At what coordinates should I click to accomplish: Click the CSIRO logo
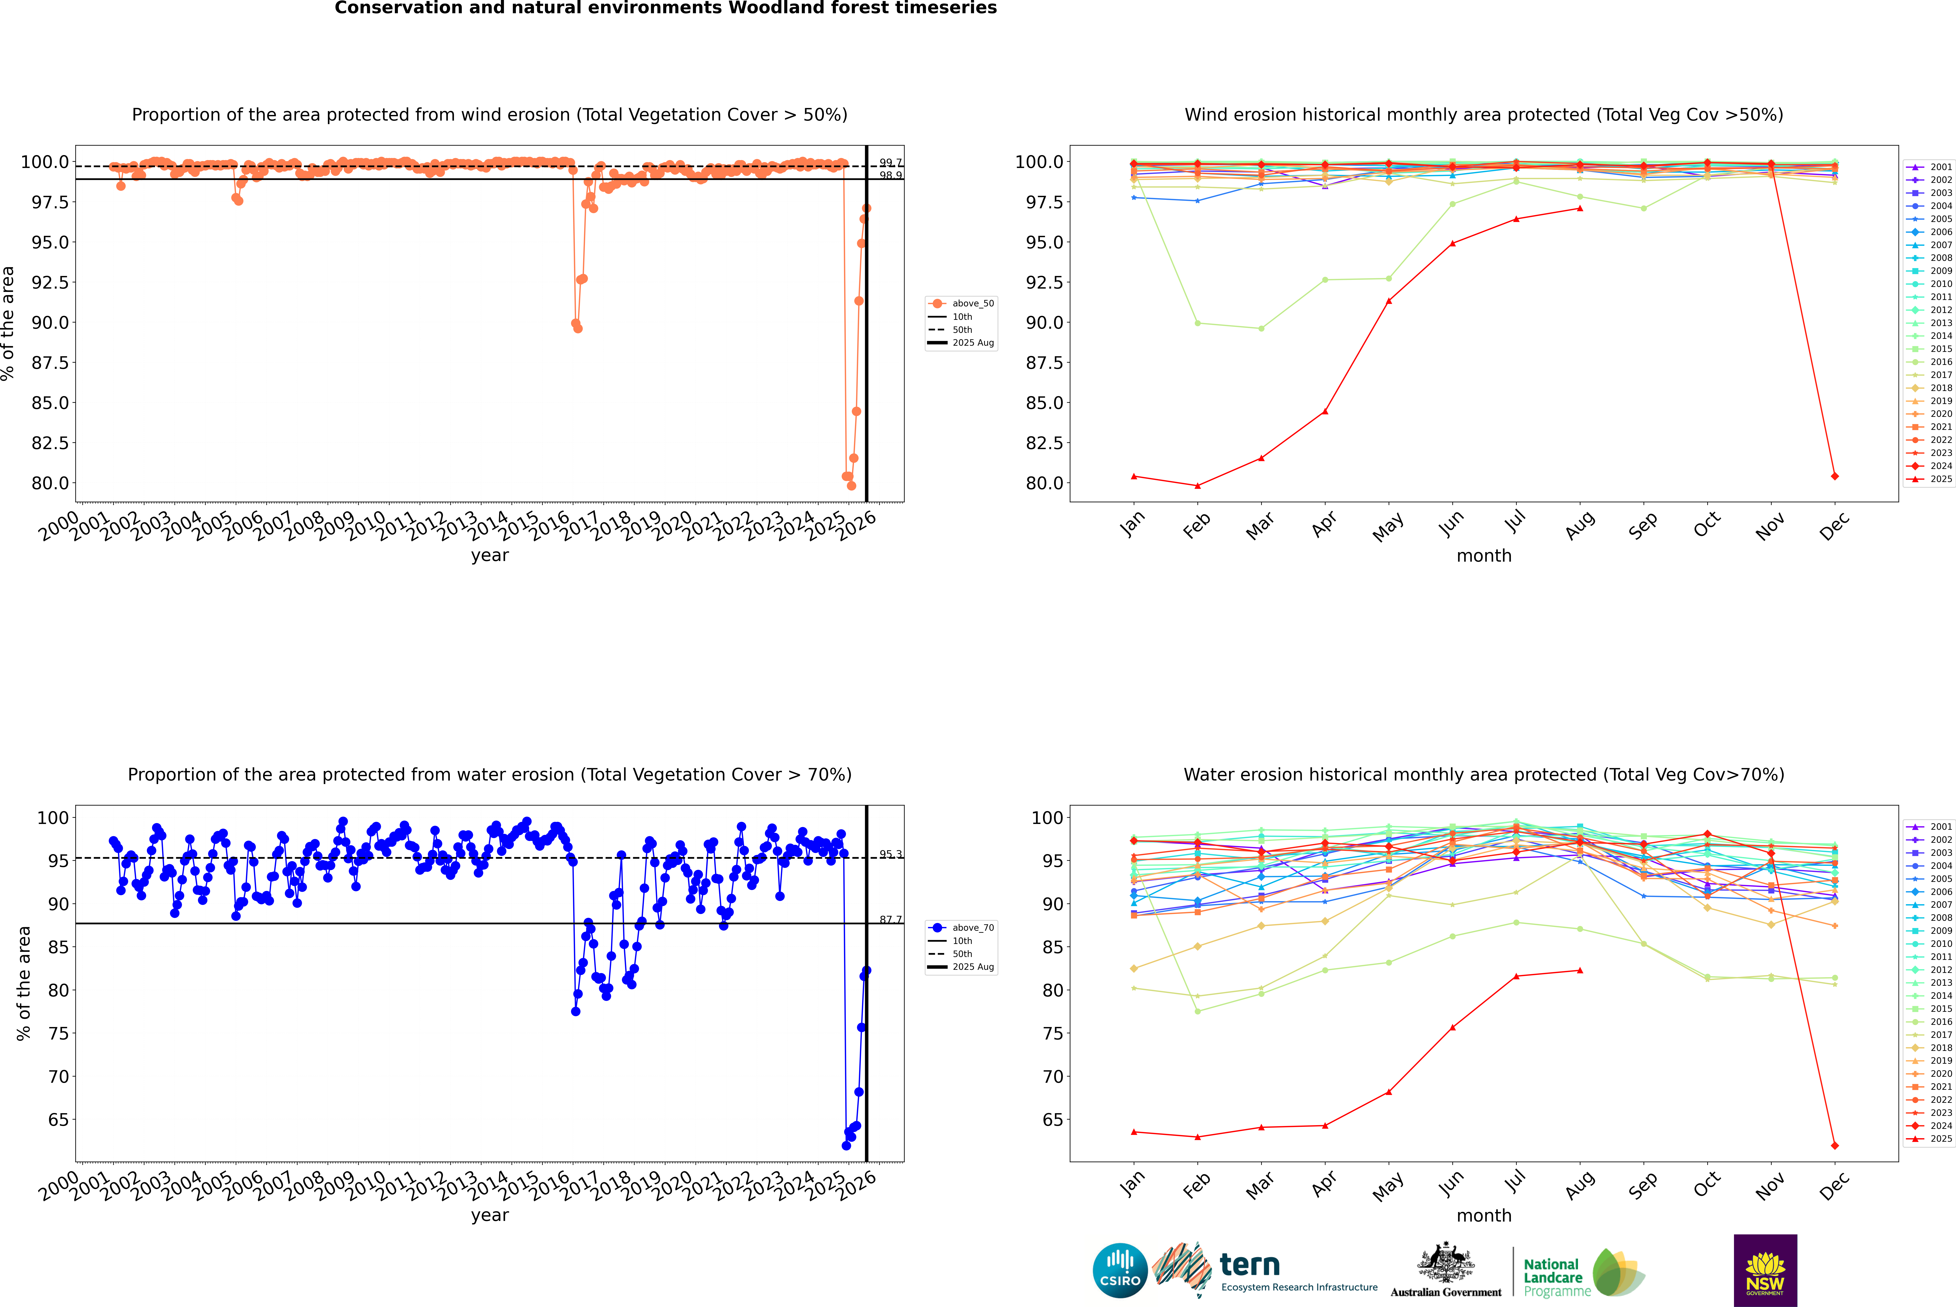point(1120,1270)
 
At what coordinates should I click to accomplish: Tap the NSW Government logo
point(1765,1270)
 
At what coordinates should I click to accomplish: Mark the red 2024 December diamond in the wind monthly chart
point(1834,476)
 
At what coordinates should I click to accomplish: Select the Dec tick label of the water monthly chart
point(1834,1185)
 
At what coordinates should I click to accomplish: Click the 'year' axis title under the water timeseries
point(489,1215)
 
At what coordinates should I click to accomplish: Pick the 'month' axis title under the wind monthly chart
point(1483,556)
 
